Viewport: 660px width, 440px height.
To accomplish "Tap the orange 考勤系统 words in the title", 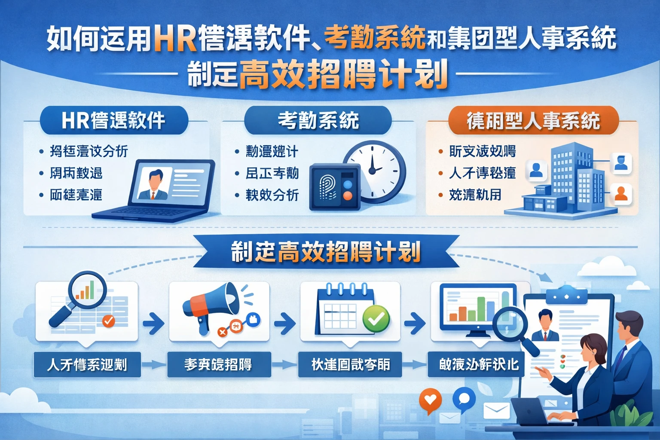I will pyautogui.click(x=375, y=38).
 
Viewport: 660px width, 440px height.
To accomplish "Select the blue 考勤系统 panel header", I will pyautogui.click(x=318, y=120).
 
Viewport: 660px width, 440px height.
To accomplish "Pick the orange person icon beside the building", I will pyautogui.click(x=621, y=193).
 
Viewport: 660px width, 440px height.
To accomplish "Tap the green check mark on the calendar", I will pyautogui.click(x=376, y=319).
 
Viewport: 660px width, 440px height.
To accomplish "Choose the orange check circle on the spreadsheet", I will pyautogui.click(x=108, y=321).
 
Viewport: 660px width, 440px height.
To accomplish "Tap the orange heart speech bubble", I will pyautogui.click(x=430, y=400).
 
